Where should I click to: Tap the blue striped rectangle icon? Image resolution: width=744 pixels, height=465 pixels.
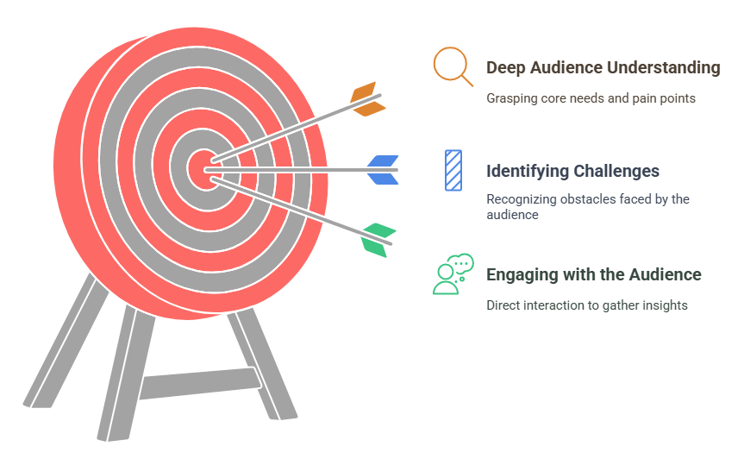point(453,171)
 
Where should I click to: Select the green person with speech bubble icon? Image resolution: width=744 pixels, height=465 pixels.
point(453,274)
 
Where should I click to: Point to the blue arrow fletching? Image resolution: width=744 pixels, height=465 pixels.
point(383,170)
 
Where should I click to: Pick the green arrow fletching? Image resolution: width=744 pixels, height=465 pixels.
point(378,240)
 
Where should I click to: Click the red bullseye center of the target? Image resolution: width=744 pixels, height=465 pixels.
point(204,170)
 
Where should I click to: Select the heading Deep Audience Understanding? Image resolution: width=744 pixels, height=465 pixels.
point(603,68)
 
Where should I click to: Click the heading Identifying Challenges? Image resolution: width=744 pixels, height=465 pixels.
point(572,171)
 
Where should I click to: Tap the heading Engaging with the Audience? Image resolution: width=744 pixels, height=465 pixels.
point(594,274)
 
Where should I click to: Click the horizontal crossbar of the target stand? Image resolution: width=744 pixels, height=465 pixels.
point(200,383)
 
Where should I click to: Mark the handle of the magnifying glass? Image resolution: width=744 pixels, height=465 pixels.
point(467,81)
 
